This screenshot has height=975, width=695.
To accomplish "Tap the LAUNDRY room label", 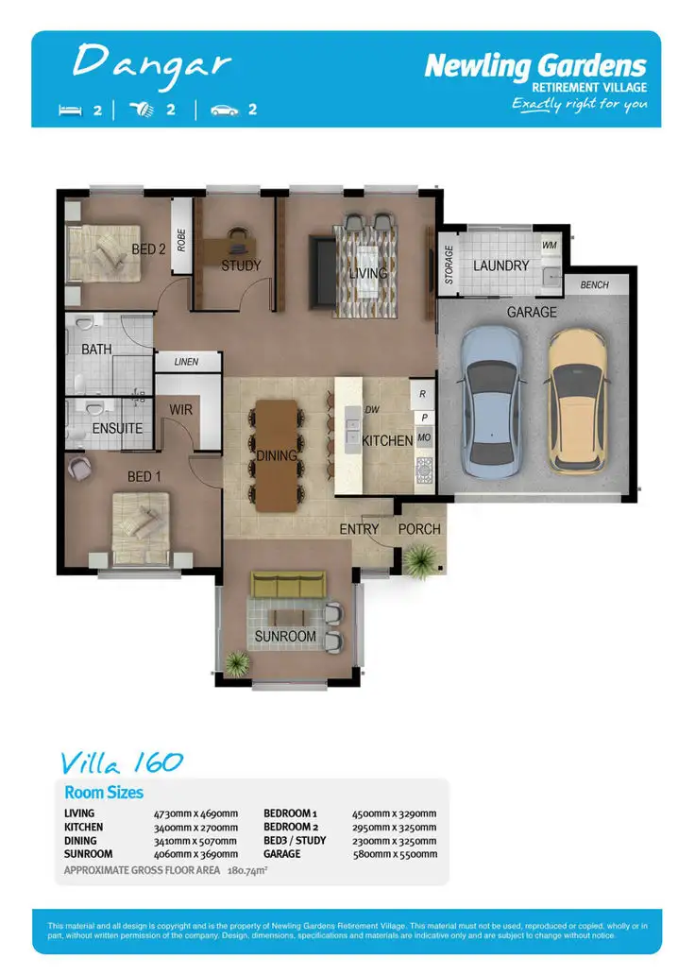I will pos(500,265).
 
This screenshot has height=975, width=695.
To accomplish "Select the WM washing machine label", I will pos(549,245).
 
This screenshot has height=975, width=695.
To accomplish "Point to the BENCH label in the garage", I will pos(595,285).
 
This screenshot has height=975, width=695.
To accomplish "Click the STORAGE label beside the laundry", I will pos(449,265).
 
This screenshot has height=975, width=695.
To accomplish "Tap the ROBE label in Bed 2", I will pos(181,239).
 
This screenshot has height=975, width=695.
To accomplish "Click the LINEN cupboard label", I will pos(187,362).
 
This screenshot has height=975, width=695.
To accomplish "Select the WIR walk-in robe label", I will pos(181,410).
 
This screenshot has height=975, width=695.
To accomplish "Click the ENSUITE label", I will pos(117,428).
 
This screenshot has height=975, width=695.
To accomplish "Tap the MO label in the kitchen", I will pos(424,438).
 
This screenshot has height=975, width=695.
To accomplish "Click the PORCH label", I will pos(419,529).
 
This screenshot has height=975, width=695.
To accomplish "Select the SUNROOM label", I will pos(285,636).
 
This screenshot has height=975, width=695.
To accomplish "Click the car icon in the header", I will pos(225,110).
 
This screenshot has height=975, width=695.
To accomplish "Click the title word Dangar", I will pos(151,62).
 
